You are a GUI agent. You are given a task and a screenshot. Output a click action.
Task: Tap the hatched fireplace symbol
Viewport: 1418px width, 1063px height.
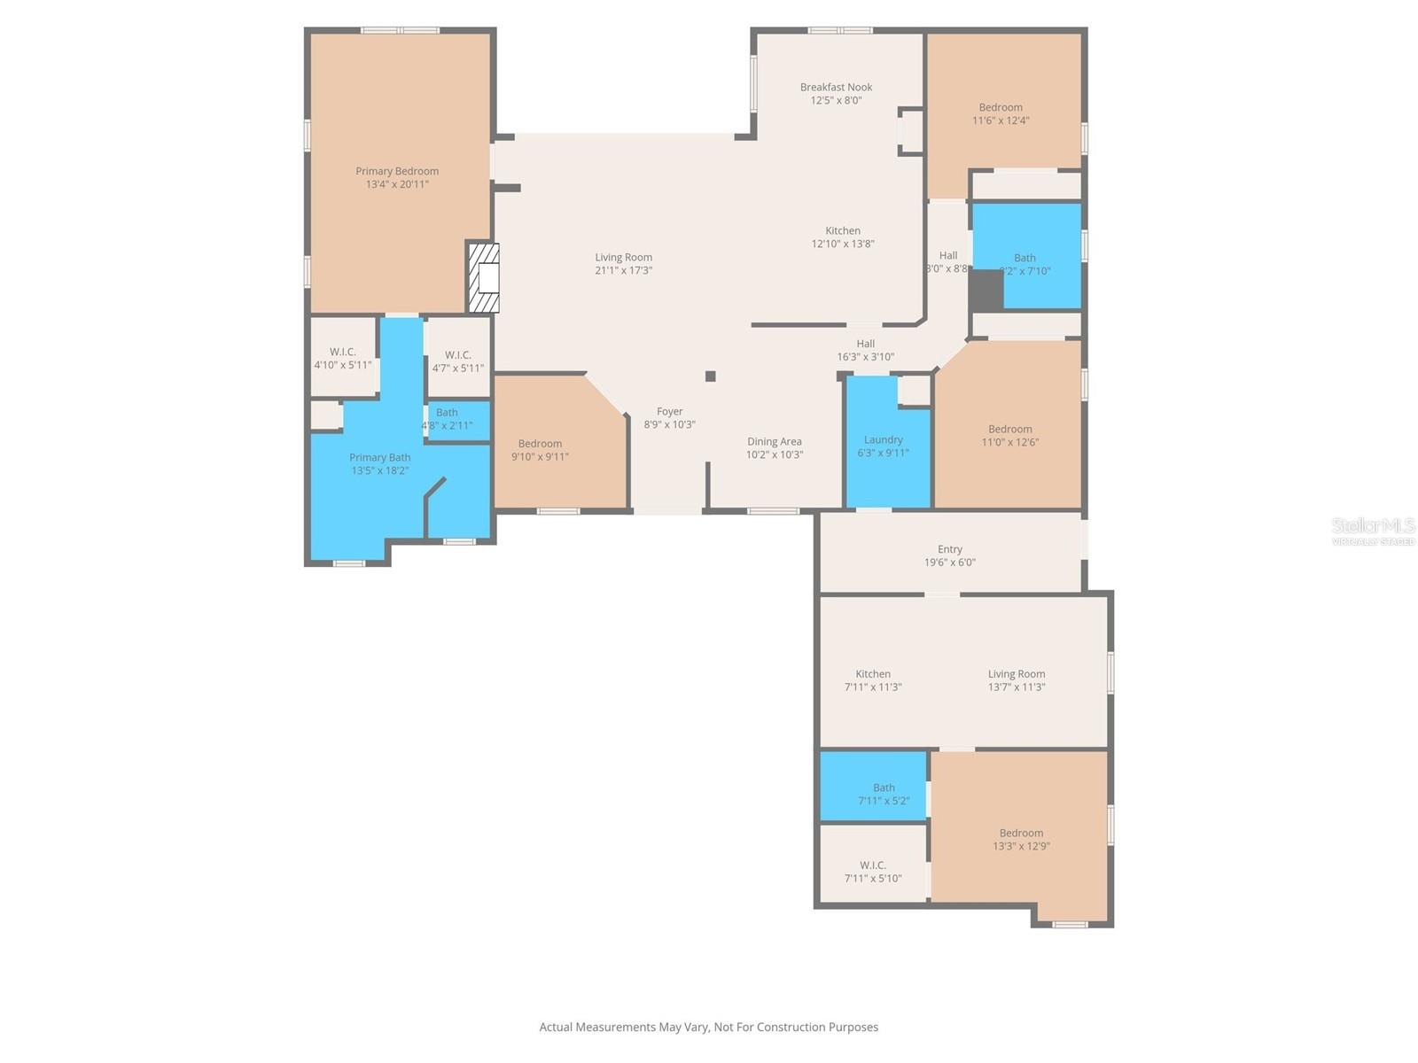pos(484,278)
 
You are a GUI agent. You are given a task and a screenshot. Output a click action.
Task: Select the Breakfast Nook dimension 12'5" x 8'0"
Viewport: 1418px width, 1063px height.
pos(836,101)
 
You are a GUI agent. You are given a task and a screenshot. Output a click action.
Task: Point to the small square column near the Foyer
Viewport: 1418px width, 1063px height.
pos(710,376)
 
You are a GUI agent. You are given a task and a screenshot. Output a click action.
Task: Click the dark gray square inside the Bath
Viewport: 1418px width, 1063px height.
pos(985,291)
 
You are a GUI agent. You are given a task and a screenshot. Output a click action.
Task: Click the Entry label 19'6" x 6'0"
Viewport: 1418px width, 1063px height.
pos(949,555)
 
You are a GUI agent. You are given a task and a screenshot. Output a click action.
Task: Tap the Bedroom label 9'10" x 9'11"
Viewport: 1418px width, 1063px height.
pos(540,450)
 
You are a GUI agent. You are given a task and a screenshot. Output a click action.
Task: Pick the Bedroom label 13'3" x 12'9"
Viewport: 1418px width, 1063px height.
pos(1021,839)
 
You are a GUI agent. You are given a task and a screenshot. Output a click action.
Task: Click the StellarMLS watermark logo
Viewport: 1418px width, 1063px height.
pos(1373,530)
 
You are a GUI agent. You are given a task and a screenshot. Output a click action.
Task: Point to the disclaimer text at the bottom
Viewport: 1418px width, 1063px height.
pos(708,1028)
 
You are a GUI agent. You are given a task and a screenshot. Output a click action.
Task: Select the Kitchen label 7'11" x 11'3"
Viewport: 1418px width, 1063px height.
pos(872,680)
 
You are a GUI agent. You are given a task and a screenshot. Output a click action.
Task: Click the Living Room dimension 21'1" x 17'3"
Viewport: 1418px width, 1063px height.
pos(623,271)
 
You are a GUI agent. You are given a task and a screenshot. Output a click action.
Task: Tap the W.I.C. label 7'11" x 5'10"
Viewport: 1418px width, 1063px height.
pos(872,872)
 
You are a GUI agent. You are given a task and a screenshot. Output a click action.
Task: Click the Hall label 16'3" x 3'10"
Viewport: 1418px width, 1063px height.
pos(865,350)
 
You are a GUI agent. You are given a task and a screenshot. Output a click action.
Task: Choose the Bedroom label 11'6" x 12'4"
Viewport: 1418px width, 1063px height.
pos(1000,113)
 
